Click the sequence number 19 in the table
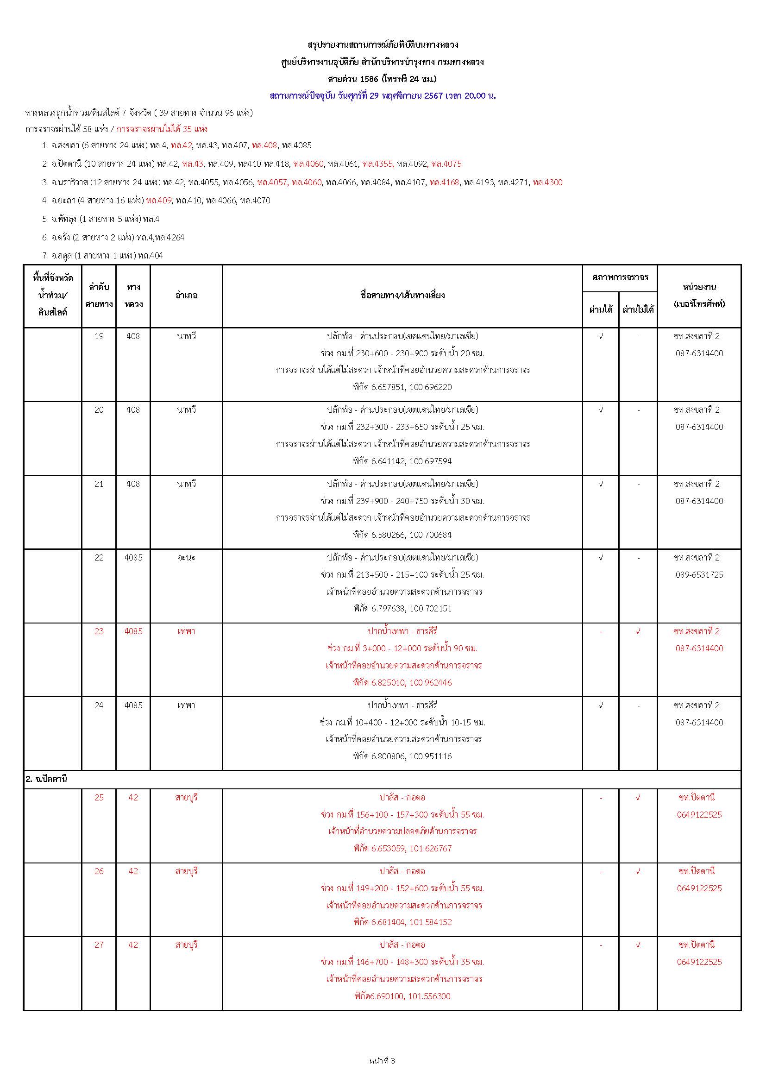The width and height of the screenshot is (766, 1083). tap(99, 336)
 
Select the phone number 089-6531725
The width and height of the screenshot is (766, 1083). tap(699, 574)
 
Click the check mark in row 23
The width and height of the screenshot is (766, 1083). tap(638, 631)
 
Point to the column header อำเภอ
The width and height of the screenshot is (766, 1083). tap(186, 295)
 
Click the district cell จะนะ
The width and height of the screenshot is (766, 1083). tap(186, 558)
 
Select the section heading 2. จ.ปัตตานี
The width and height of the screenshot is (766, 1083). tap(46, 779)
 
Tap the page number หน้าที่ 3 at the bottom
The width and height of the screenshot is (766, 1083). tap(382, 1061)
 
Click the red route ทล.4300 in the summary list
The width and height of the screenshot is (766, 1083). tap(547, 183)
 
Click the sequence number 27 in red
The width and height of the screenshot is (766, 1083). tap(99, 945)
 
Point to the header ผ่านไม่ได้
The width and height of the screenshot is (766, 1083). tap(638, 309)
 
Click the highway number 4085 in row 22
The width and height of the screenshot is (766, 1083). tap(133, 558)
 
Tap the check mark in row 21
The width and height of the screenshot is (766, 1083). tap(601, 484)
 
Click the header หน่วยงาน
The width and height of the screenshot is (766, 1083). tap(699, 287)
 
